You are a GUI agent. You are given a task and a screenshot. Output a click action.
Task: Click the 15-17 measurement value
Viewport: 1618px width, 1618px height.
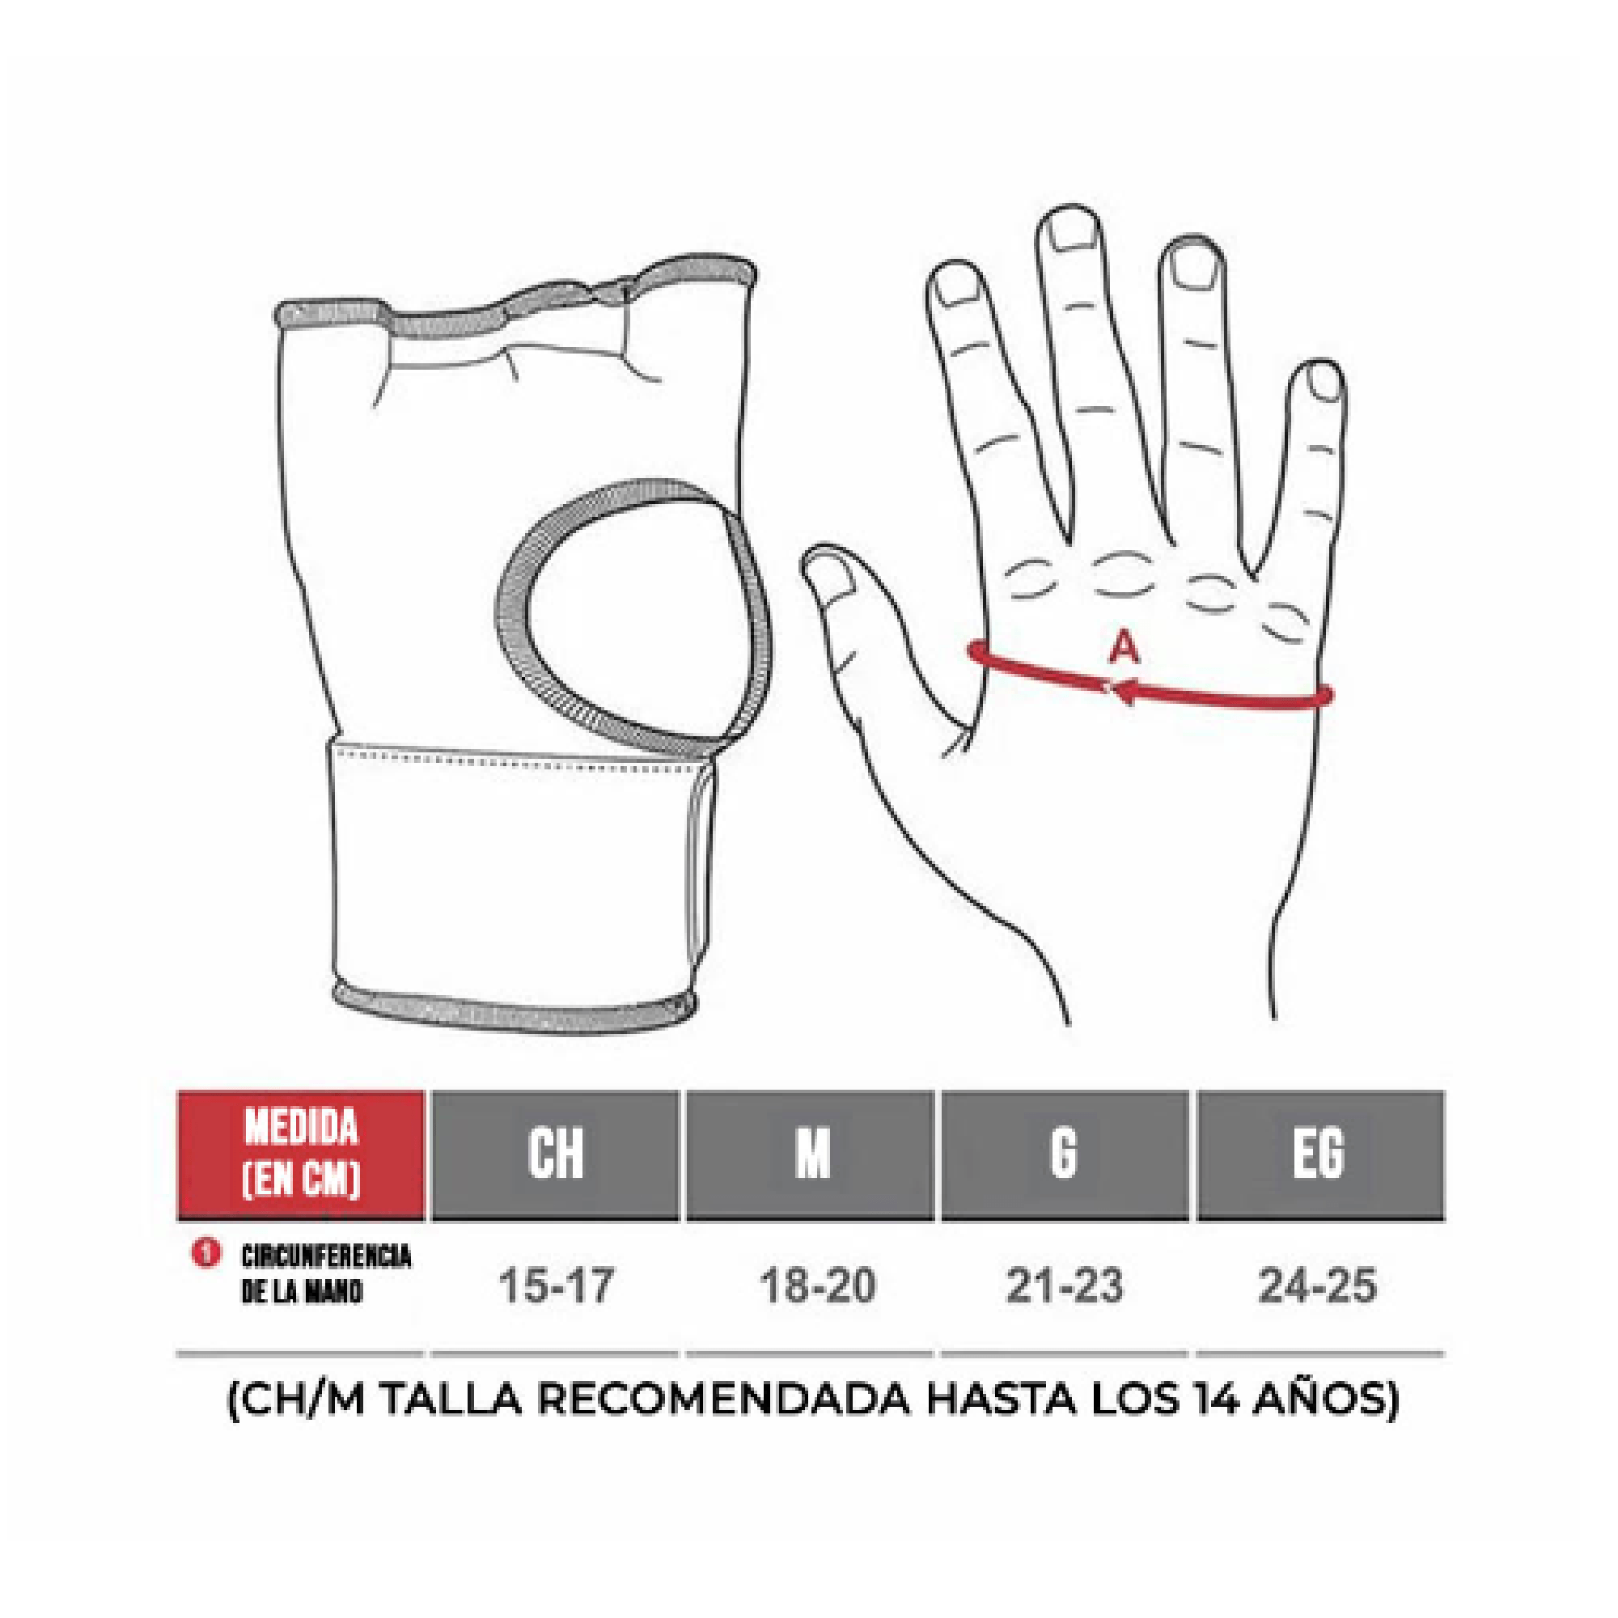(x=556, y=1286)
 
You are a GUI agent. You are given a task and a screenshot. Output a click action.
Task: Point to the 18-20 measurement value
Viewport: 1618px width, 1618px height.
(x=817, y=1286)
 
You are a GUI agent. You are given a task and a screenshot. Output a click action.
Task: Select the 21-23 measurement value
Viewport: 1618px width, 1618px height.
(x=1065, y=1286)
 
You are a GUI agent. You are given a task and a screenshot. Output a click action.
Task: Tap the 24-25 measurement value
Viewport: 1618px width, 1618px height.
(x=1317, y=1286)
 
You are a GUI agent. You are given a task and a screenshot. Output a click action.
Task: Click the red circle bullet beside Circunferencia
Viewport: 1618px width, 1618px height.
(x=206, y=1254)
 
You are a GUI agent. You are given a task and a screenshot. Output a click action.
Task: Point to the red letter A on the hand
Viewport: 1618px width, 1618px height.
(x=1124, y=647)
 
